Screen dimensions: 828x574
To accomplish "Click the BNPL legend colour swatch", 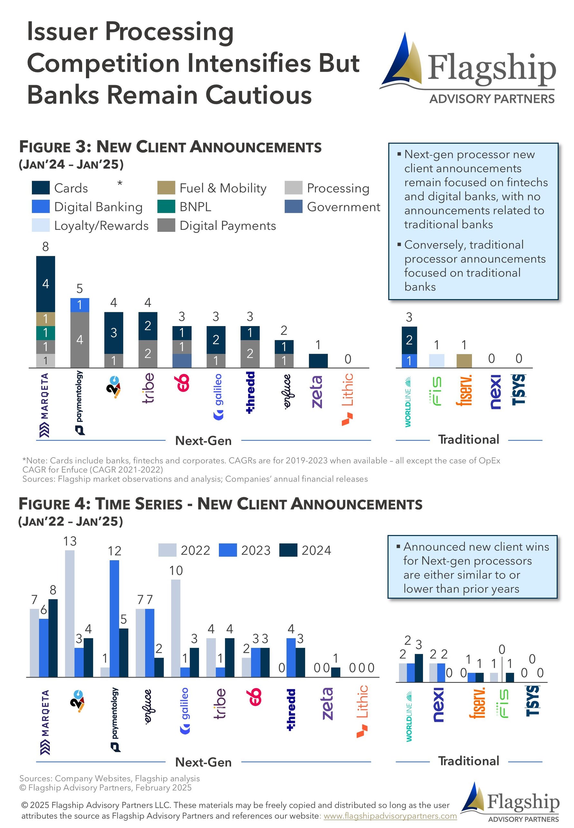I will [x=166, y=207].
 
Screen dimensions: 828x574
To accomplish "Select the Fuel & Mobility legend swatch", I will [x=166, y=188].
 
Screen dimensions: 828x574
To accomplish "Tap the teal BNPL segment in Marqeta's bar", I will [x=45, y=332].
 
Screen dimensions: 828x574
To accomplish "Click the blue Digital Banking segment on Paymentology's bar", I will [x=80, y=305].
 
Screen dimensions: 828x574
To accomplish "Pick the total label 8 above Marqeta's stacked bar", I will [x=45, y=246].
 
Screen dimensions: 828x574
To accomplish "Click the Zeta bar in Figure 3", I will [x=318, y=361].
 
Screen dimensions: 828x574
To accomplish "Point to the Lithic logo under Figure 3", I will [x=347, y=399].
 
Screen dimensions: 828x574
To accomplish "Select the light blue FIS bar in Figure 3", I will [x=436, y=361].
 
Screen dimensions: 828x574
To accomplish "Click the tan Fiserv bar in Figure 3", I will [x=464, y=361].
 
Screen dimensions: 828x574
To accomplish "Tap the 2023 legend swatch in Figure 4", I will [x=228, y=550].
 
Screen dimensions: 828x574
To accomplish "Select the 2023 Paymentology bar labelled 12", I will [x=114, y=618].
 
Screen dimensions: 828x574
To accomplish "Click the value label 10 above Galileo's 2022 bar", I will [x=176, y=570].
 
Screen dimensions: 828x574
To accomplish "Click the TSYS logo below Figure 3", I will [x=519, y=389].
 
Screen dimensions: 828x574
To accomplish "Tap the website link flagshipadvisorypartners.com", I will [x=390, y=816].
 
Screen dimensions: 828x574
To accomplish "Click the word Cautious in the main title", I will [x=259, y=95].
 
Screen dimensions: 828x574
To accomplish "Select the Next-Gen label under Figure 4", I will [x=203, y=762].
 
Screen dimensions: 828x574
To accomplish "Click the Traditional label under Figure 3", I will [x=468, y=439].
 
